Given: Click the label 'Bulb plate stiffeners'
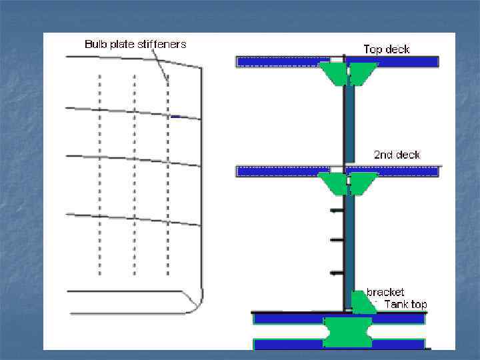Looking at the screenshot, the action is click(x=135, y=44).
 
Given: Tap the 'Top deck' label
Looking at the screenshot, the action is click(x=386, y=49).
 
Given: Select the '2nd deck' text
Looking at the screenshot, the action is click(x=397, y=155).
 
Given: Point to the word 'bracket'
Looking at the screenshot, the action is click(x=385, y=292).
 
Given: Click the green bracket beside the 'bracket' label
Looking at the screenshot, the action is click(x=362, y=303).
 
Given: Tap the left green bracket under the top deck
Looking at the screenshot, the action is click(x=333, y=73).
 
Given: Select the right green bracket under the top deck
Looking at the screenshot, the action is click(x=362, y=73).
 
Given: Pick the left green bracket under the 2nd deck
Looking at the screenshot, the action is click(x=333, y=183).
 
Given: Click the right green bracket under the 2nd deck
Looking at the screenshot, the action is click(x=362, y=183).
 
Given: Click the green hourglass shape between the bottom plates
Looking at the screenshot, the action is click(x=347, y=331).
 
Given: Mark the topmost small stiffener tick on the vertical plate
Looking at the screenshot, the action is click(x=337, y=211).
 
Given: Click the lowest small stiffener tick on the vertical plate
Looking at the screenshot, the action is click(x=337, y=273).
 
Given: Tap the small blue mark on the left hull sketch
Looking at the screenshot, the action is click(x=175, y=117).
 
